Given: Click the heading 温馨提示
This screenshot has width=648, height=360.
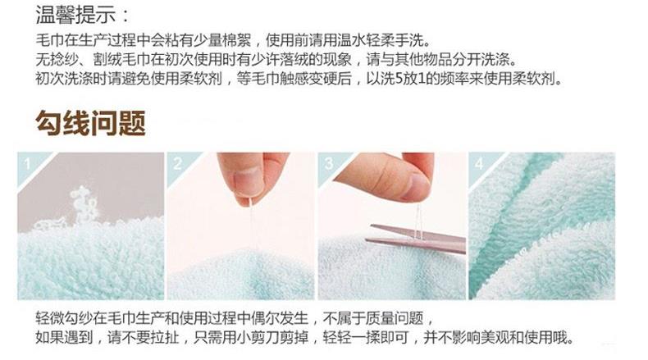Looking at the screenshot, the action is tap(75, 15).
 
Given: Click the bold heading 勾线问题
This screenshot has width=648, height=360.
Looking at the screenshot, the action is tap(90, 123).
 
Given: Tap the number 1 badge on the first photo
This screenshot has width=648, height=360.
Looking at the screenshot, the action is tap(27, 164).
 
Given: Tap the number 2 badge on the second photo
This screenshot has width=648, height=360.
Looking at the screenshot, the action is tap(178, 164).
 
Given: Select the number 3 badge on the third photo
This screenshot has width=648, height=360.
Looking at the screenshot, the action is tap(329, 164).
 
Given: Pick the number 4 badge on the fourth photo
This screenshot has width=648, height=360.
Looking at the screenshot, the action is tap(479, 164).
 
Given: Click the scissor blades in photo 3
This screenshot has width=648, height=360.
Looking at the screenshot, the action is tap(416, 239).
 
